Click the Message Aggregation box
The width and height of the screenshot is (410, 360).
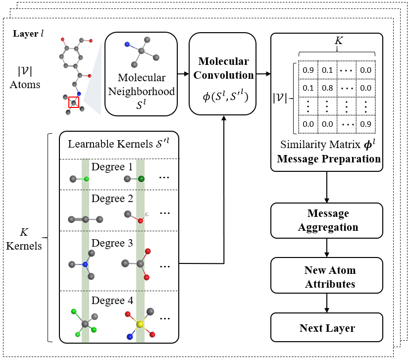coord(326,220)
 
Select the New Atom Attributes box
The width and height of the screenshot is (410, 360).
coord(326,277)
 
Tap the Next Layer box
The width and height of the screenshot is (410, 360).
coord(326,328)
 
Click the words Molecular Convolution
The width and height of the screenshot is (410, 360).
coord(223,69)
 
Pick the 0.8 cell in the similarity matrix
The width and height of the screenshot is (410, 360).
coord(327,88)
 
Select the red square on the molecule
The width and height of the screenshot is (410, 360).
coord(74,102)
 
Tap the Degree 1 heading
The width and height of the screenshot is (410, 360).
coord(112,167)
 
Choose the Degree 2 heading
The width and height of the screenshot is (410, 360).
coord(112,199)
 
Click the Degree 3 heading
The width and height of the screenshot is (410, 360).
coord(112,243)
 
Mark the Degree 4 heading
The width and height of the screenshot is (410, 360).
coord(112,300)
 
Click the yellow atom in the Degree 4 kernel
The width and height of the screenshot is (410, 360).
coord(141,324)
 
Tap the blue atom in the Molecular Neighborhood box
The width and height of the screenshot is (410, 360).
coord(127,45)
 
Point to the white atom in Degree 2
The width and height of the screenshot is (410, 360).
coord(147,214)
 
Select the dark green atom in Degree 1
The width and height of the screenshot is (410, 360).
coord(142,179)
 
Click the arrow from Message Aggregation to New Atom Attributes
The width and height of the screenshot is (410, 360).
coord(326,247)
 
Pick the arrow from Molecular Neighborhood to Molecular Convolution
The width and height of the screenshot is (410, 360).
coord(183,75)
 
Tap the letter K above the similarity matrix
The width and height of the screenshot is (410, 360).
coord(338,42)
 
